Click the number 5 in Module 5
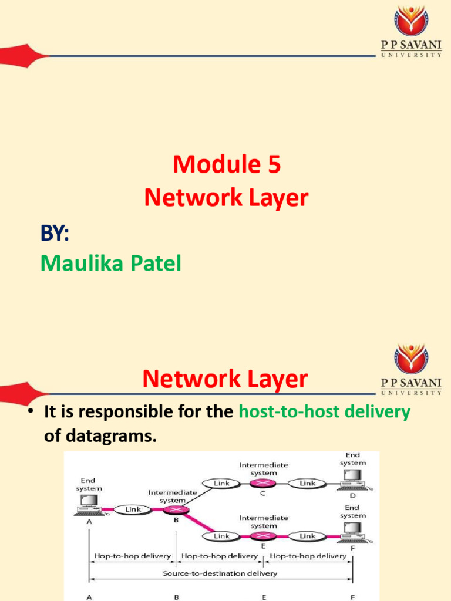(272, 166)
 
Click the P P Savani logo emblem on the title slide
(411, 21)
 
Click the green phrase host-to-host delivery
(324, 412)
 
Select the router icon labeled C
(263, 484)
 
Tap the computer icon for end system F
(353, 533)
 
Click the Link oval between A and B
(133, 509)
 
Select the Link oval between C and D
(308, 484)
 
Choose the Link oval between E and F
(308, 536)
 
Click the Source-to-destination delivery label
(220, 573)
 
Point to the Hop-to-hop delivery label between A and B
(132, 556)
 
